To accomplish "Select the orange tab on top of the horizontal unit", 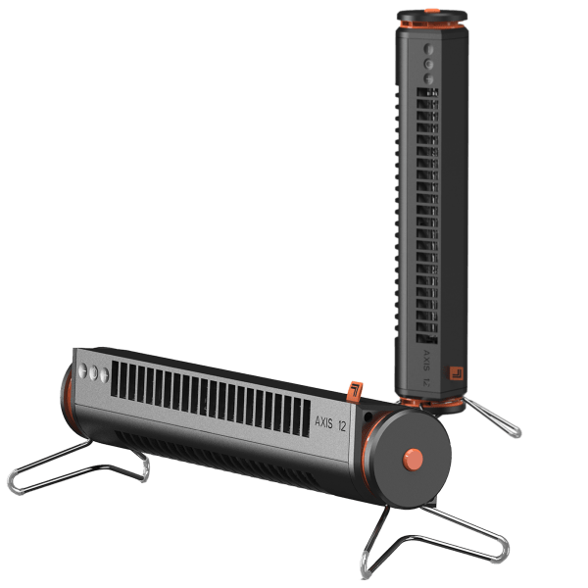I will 354,392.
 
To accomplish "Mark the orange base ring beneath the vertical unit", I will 431,399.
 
